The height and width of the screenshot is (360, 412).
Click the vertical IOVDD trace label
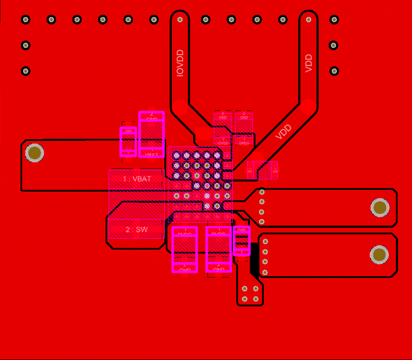click(180, 63)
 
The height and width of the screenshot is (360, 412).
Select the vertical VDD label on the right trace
click(309, 63)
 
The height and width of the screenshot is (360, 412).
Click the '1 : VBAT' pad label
click(137, 179)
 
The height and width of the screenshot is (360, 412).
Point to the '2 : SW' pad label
click(136, 230)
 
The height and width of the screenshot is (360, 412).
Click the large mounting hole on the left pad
click(34, 153)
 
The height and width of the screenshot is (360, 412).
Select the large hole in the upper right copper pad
click(380, 208)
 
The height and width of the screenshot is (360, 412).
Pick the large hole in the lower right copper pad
click(379, 254)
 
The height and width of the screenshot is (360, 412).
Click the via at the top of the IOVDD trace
click(180, 19)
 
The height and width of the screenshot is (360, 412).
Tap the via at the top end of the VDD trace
click(309, 19)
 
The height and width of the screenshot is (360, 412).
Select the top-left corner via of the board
click(26, 19)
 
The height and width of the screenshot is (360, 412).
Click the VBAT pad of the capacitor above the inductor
click(151, 151)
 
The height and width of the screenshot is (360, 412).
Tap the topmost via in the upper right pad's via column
click(262, 192)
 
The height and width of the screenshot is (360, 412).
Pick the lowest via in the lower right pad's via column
click(265, 272)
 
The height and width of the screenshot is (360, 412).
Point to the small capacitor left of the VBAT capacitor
click(128, 142)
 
